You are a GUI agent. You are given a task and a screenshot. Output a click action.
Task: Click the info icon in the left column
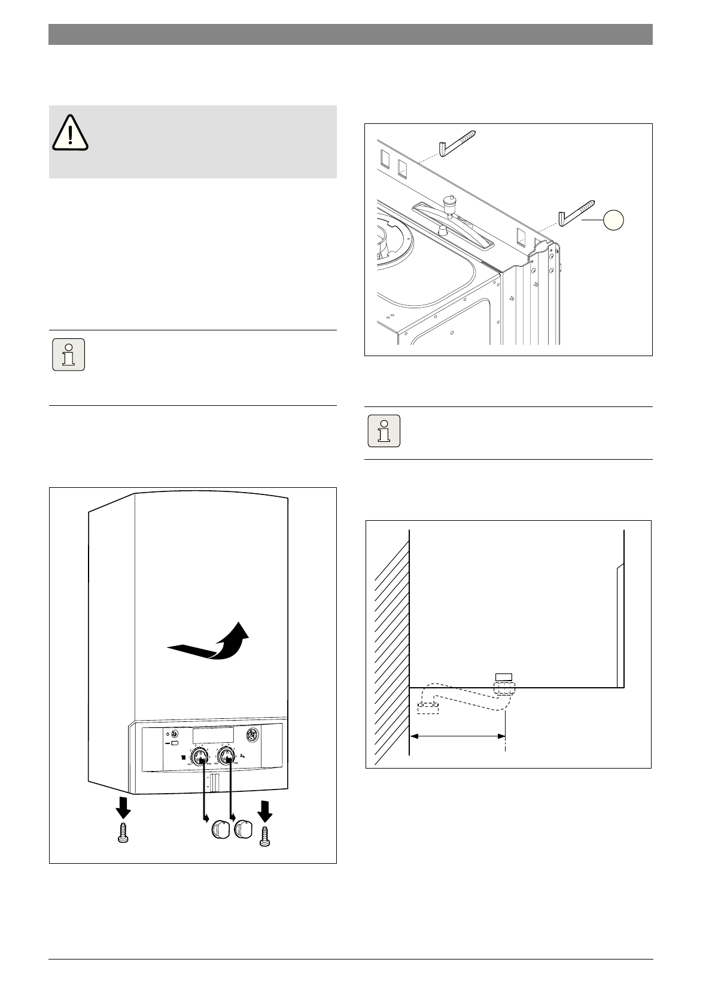pyautogui.click(x=68, y=355)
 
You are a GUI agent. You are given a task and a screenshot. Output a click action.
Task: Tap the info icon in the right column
pyautogui.click(x=384, y=430)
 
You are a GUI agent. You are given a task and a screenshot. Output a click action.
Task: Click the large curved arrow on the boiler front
pyautogui.click(x=212, y=643)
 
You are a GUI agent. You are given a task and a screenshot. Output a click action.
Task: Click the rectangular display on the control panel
pyautogui.click(x=213, y=736)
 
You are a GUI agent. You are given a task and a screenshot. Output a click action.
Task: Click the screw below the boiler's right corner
pyautogui.click(x=265, y=836)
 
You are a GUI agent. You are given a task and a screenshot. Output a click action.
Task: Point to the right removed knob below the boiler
pyautogui.click(x=242, y=830)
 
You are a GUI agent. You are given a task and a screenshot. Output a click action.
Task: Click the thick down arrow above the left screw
pyautogui.click(x=123, y=806)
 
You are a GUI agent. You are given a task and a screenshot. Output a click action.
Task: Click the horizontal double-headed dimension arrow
pyautogui.click(x=458, y=737)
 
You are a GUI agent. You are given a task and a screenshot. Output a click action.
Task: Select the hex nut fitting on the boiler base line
pyautogui.click(x=504, y=685)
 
